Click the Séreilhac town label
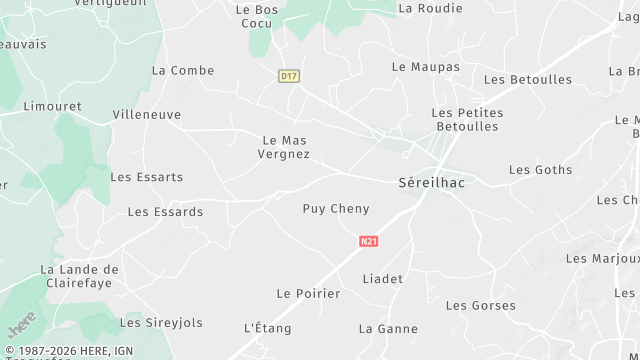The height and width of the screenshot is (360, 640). click(431, 183)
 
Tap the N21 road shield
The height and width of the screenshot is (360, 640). click(368, 242)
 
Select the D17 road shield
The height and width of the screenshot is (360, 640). click(289, 76)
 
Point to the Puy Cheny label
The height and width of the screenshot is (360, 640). click(336, 209)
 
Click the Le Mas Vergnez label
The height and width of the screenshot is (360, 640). click(284, 148)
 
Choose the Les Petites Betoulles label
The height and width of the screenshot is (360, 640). click(466, 120)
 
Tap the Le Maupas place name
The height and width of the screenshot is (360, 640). click(426, 67)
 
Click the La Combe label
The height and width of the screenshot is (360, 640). click(183, 70)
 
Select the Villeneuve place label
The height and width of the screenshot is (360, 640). click(147, 115)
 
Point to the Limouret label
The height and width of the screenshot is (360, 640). click(52, 105)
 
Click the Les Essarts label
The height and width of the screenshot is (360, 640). click(147, 177)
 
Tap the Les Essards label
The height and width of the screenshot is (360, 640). click(166, 212)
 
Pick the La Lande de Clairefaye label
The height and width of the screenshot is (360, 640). click(79, 276)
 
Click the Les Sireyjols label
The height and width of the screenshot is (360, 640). click(161, 323)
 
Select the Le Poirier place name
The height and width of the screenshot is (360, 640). click(308, 294)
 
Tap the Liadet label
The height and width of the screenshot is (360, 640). click(383, 279)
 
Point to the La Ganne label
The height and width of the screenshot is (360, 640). click(388, 329)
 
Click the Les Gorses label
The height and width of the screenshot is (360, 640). click(481, 305)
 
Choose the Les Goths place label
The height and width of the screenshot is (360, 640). click(541, 170)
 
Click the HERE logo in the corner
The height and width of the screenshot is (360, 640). click(21, 324)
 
